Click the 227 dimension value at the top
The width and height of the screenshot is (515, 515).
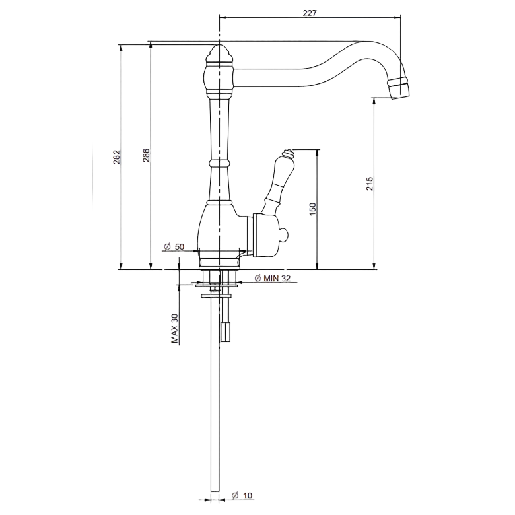(x=310, y=13)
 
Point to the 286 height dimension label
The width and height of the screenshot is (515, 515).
(x=146, y=155)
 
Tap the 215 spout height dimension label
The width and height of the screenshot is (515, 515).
(x=370, y=184)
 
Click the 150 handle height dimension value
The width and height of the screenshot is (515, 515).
(x=312, y=209)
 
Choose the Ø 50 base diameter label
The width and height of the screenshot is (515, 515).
(x=174, y=246)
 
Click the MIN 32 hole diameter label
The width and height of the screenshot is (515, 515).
(x=273, y=278)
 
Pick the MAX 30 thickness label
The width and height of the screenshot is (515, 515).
(x=175, y=328)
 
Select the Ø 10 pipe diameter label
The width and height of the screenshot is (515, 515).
(x=242, y=496)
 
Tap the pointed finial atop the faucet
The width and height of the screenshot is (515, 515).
(x=219, y=53)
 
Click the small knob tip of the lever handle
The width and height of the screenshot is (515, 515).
(x=287, y=153)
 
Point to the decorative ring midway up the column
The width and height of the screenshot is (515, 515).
(x=219, y=163)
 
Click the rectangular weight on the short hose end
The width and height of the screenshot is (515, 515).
(x=225, y=332)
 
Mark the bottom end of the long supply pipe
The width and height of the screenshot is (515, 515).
(x=215, y=491)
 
